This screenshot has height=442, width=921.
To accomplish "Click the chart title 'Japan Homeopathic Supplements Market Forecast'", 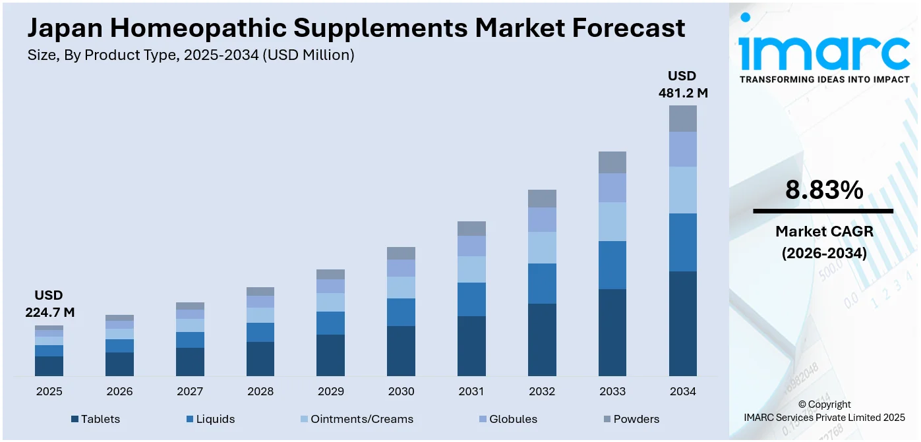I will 356,28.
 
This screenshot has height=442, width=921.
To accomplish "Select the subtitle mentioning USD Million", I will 191,55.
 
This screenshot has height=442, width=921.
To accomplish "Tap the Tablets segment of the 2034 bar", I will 682,323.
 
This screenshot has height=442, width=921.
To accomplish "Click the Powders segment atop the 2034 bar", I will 682,119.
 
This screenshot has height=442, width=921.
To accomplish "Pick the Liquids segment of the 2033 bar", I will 612,265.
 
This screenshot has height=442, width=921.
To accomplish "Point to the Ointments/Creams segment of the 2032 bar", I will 542,248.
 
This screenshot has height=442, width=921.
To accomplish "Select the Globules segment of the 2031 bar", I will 471,246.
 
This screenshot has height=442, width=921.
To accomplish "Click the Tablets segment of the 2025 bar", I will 49,366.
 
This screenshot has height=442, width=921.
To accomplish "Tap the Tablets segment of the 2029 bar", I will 330,355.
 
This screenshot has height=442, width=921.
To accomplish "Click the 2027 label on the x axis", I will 190,391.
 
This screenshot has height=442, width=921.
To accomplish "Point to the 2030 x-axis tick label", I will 401,391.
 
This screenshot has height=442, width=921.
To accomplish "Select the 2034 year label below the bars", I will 682,391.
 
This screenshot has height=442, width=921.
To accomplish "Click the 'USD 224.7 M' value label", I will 50,304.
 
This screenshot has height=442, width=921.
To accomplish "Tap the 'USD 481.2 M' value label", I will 682,84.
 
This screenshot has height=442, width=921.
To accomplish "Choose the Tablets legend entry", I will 96,419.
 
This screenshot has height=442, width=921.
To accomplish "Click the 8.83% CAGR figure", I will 823,190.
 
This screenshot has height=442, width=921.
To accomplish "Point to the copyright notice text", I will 824,411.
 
